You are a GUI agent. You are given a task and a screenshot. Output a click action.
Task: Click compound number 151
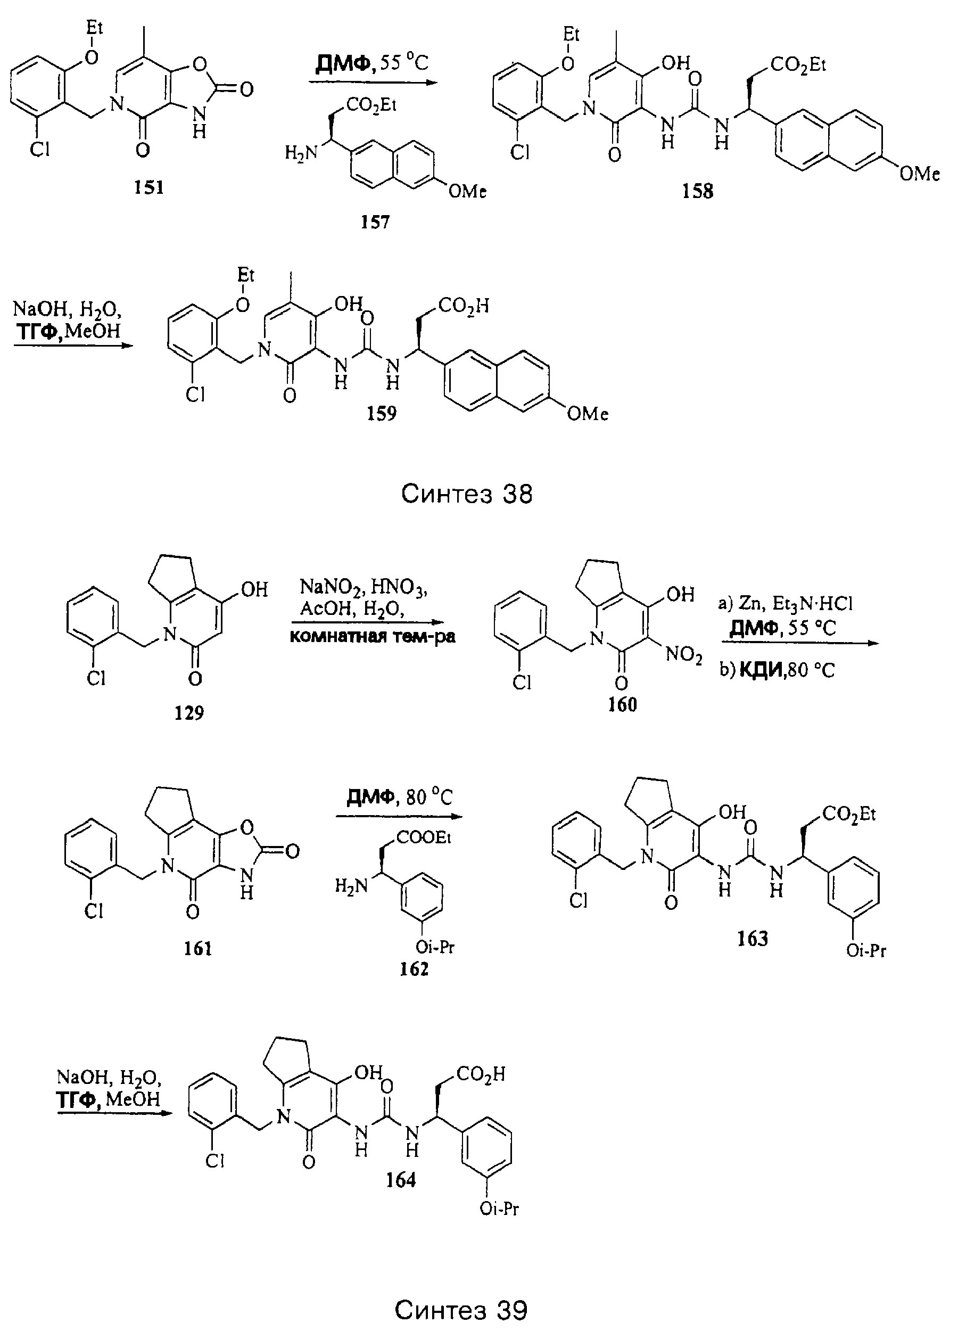(x=148, y=187)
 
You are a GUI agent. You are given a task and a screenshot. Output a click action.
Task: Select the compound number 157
(x=375, y=221)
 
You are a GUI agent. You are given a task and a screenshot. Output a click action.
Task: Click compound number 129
(x=189, y=713)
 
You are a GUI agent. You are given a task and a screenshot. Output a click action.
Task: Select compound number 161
(x=197, y=948)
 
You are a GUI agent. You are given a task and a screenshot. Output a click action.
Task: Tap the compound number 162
(x=414, y=968)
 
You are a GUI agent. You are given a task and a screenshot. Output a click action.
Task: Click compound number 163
(x=753, y=939)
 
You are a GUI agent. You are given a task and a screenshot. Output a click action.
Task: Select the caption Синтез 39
(x=461, y=1310)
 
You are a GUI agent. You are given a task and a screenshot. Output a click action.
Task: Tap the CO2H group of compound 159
(x=464, y=306)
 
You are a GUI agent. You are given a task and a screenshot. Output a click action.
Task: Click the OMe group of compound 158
(x=920, y=173)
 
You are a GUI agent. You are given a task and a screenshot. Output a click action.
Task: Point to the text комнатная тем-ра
(x=373, y=636)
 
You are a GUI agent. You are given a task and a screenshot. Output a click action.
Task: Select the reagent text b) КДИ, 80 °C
(x=778, y=670)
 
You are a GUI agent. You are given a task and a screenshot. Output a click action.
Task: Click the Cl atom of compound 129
(x=96, y=679)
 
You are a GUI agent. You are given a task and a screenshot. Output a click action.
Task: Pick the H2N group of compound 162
(x=351, y=885)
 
